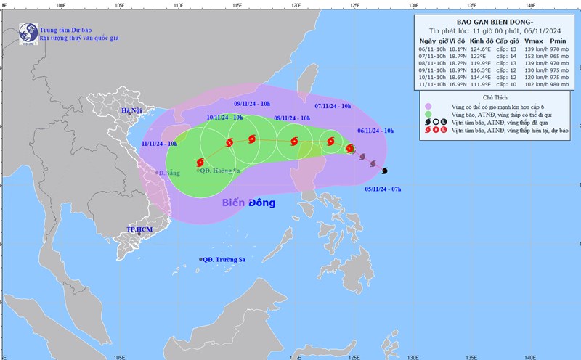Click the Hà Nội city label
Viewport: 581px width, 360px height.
[x=132, y=110]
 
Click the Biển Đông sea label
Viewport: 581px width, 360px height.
[x=249, y=202]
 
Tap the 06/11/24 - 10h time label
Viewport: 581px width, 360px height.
[x=375, y=130]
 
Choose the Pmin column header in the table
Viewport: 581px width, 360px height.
[x=558, y=41]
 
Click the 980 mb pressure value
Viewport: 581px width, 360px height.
[x=558, y=84]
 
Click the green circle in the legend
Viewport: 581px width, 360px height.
[x=428, y=115]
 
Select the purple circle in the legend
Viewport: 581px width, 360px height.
[x=428, y=105]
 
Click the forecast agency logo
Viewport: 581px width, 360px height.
[x=28, y=33]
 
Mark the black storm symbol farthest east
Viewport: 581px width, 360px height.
[x=384, y=171]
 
